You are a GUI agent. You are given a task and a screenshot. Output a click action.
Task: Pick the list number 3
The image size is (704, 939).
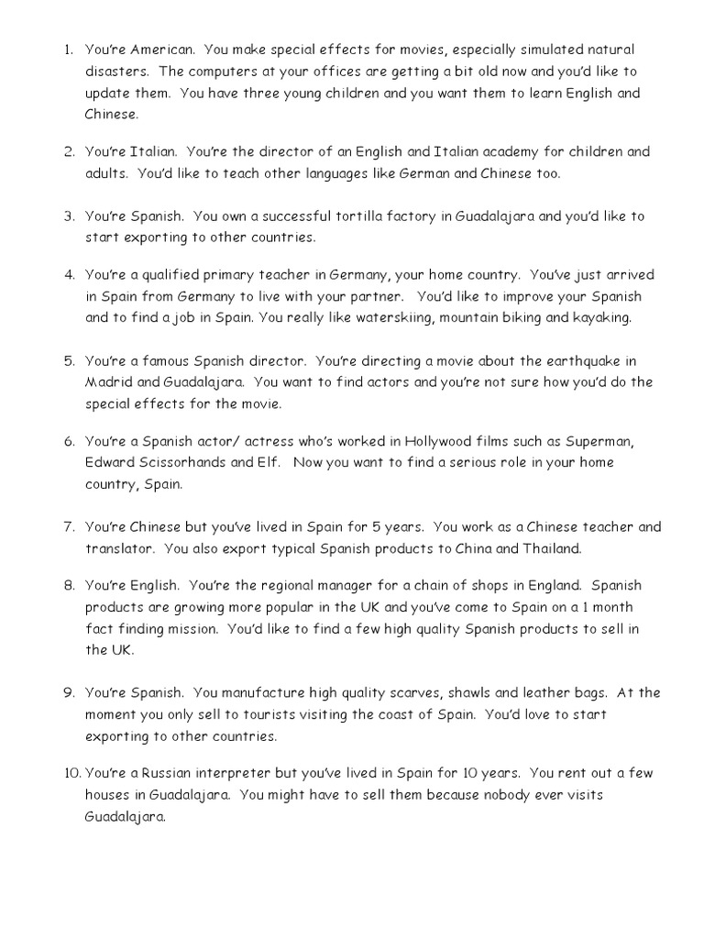click(69, 216)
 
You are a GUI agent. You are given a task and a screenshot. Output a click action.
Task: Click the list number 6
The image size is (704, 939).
click(69, 441)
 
